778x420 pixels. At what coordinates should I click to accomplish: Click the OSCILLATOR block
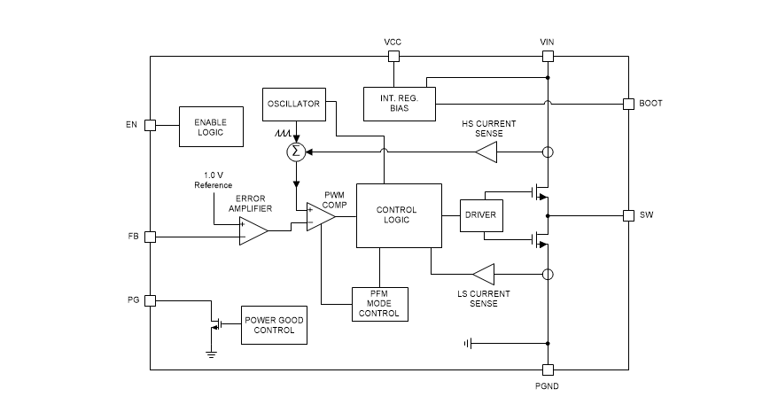click(293, 105)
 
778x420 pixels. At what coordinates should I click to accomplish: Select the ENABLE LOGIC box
click(211, 126)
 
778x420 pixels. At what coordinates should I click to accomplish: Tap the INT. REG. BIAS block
click(400, 104)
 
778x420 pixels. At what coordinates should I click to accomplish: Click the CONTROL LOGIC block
click(398, 215)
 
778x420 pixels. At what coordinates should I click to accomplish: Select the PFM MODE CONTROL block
click(378, 303)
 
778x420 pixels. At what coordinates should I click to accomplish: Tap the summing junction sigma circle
click(296, 152)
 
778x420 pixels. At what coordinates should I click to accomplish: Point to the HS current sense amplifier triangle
click(486, 152)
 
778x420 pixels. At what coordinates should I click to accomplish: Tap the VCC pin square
click(393, 57)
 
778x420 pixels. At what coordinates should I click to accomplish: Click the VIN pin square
click(548, 57)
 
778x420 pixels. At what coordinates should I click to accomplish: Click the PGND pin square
click(548, 369)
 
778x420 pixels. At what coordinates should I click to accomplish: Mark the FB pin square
click(150, 237)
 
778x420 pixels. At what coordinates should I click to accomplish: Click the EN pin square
click(150, 126)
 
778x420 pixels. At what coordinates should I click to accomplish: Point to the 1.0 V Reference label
click(213, 179)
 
